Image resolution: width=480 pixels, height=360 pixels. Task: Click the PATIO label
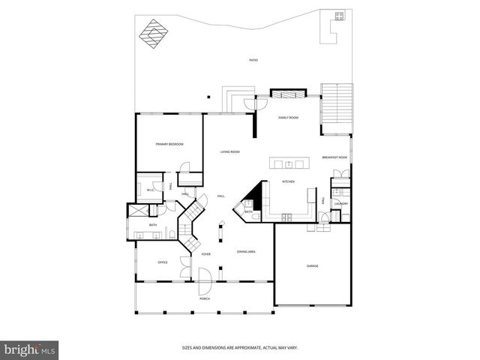pyautogui.click(x=253, y=60)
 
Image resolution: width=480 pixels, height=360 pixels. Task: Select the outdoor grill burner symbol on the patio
pyautogui.click(x=339, y=15)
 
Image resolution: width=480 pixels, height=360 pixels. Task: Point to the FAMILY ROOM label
pyautogui.click(x=289, y=118)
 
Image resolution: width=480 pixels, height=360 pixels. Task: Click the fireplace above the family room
pyautogui.click(x=288, y=94)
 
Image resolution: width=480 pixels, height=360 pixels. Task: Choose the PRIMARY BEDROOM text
pyautogui.click(x=169, y=144)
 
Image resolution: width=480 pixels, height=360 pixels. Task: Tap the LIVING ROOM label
pyautogui.click(x=229, y=152)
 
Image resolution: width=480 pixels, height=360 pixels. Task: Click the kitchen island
pyautogui.click(x=289, y=163)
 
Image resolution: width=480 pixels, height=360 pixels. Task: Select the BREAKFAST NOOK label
pyautogui.click(x=334, y=157)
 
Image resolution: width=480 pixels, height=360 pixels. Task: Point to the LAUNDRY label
pyautogui.click(x=340, y=203)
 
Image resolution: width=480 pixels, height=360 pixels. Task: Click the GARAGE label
pyautogui.click(x=312, y=266)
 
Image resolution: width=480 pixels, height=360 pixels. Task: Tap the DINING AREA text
pyautogui.click(x=247, y=253)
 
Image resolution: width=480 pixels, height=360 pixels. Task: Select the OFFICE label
pyautogui.click(x=162, y=262)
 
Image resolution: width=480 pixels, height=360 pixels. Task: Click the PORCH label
pyautogui.click(x=204, y=298)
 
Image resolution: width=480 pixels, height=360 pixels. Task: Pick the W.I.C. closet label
pyautogui.click(x=150, y=190)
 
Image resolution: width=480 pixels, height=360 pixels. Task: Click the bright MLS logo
pyautogui.click(x=29, y=349)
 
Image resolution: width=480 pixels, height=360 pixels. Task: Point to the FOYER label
pyautogui.click(x=205, y=254)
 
